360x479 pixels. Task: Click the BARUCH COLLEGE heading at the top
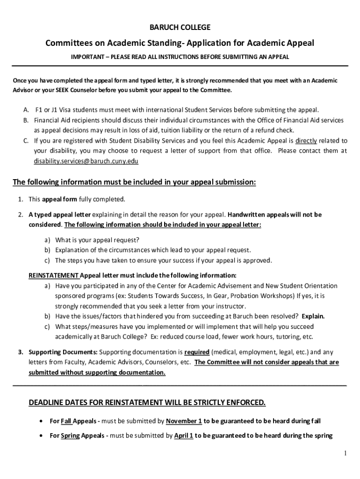(x=180, y=27)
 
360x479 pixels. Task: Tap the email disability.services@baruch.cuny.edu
(x=86, y=161)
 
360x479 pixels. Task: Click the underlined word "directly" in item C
(x=306, y=140)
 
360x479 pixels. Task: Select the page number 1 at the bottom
(x=345, y=453)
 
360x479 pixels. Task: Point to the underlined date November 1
(x=184, y=421)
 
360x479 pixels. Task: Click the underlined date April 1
(x=184, y=436)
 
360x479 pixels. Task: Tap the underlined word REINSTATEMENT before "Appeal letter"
(x=53, y=275)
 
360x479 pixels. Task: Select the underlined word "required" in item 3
(x=196, y=352)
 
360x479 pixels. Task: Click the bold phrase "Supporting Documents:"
(x=63, y=352)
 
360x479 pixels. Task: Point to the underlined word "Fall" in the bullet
(x=66, y=421)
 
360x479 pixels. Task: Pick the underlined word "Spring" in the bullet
(x=70, y=436)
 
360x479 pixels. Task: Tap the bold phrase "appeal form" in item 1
(x=59, y=199)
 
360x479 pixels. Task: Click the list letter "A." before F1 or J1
(x=27, y=110)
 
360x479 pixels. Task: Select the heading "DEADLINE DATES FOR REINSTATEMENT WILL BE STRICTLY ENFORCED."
(x=147, y=402)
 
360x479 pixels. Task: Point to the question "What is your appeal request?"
(x=97, y=239)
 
